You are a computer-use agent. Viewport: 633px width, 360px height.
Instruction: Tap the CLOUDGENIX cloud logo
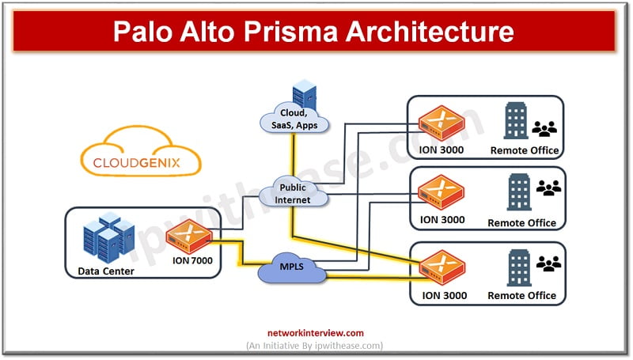[141, 152]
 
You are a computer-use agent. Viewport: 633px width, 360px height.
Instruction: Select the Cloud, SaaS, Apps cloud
[294, 118]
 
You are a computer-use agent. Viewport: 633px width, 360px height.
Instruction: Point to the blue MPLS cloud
[291, 267]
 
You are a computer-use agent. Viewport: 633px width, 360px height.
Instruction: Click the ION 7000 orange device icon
[189, 236]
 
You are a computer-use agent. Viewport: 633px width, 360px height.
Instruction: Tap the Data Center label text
[106, 271]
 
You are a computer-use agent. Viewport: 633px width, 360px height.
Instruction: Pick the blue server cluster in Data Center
[109, 237]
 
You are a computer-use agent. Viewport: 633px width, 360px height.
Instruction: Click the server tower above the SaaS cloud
[305, 93]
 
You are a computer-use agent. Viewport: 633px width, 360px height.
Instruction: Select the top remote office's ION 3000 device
[442, 123]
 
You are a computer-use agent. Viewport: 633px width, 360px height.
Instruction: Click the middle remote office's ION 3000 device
[442, 192]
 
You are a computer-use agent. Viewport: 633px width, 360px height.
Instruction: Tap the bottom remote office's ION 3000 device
[442, 267]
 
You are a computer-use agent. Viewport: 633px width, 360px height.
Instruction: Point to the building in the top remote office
[516, 120]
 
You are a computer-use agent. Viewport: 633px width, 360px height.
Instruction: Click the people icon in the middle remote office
[548, 188]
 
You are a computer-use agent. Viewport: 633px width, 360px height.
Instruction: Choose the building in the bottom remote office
[519, 267]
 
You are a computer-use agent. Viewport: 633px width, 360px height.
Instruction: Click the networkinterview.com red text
[316, 333]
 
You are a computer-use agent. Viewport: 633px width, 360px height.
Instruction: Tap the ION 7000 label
[192, 261]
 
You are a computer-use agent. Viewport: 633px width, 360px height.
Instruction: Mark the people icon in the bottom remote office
[548, 263]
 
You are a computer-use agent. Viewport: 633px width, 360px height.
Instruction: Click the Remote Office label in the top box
[525, 150]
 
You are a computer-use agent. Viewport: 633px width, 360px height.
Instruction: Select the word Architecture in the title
[430, 31]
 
